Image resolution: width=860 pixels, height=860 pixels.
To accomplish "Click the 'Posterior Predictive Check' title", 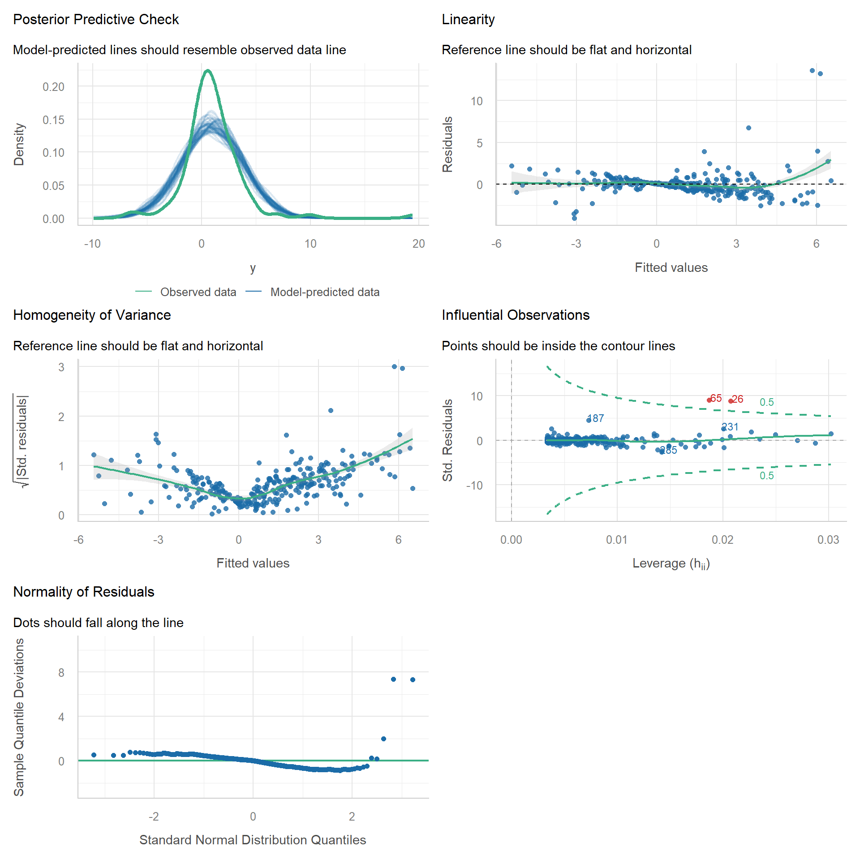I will coord(96,20).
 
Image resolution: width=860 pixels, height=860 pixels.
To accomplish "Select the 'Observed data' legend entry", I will coord(198,292).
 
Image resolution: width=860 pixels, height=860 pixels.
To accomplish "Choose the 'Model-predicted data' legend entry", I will coord(325,292).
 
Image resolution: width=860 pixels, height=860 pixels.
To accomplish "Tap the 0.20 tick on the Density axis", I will coord(53,87).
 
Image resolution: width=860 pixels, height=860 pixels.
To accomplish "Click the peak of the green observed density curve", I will coord(207,70).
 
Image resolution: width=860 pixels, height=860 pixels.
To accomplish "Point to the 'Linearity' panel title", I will coord(468,20).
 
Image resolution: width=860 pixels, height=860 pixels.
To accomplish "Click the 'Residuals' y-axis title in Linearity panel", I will coord(447,144).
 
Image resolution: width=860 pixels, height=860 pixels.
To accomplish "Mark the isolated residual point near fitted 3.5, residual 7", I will coord(748,128).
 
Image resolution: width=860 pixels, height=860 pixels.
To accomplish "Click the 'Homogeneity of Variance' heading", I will coord(92,315).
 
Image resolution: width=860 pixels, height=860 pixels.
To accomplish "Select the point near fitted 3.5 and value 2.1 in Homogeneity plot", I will coord(331,410).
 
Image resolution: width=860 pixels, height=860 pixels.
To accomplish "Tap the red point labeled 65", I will coord(709,400).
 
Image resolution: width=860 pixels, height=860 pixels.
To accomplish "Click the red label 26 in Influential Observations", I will coord(738,399).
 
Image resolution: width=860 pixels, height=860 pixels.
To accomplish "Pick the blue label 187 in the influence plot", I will coord(596,418).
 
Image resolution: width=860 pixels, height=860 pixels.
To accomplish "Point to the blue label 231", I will coord(730,427).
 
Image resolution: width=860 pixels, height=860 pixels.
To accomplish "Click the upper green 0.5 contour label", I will coord(766,402).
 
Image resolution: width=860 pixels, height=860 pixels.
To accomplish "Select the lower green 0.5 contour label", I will coord(766,476).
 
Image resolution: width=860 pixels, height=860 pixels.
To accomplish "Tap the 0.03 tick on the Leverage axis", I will coord(828,540).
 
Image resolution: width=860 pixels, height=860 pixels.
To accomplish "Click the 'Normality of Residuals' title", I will coord(84,592).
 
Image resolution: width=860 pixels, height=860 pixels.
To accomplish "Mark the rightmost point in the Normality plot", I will coord(413,679).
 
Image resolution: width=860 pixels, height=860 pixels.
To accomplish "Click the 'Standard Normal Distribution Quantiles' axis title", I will coord(253,840).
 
